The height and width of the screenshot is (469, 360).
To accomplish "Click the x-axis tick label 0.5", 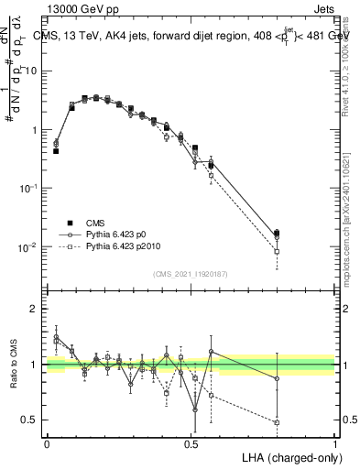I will point(191,442).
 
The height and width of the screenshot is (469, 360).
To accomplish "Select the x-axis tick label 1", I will point(334,442).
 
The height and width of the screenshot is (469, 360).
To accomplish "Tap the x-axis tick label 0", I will point(47,442).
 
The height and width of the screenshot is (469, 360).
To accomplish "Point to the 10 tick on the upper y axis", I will point(33,71).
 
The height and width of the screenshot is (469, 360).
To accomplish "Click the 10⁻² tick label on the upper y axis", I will point(30,246).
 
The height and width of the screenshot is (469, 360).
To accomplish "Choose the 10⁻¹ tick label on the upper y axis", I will point(30,188).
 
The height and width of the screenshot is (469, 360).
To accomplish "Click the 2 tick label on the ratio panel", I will point(35,309).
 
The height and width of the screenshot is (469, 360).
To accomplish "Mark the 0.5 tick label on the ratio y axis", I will point(30,420).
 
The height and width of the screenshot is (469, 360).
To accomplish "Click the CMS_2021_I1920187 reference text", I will point(191,273).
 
